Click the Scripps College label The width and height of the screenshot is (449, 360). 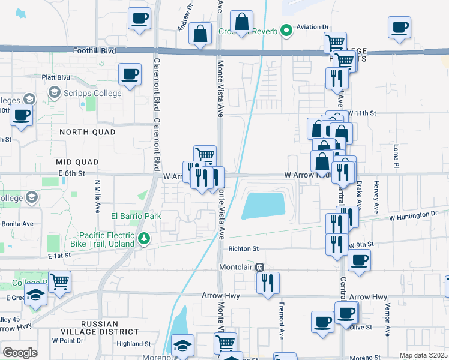pos(94,93)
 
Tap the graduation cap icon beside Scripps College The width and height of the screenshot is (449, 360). pos(55,92)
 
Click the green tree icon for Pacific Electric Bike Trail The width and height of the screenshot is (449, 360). pos(144,239)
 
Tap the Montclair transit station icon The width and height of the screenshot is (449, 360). pos(260,267)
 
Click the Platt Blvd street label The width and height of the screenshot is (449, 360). pos(56,77)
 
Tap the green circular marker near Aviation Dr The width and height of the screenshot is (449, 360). pos(287,28)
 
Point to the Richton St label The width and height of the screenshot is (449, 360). pos(243,248)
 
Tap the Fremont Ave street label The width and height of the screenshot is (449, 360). pos(280,321)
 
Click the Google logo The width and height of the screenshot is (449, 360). pos(20,352)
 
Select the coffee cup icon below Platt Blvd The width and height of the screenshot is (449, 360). pos(130,74)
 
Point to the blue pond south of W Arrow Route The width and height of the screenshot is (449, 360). pos(264,206)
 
